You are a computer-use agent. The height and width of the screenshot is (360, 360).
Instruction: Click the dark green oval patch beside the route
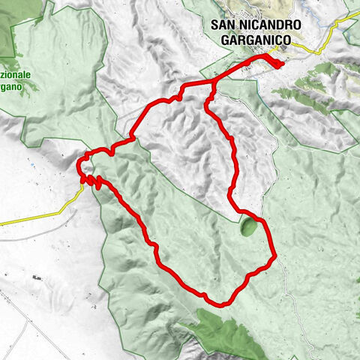(247, 226)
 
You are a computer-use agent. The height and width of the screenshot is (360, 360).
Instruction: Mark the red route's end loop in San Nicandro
(278, 64)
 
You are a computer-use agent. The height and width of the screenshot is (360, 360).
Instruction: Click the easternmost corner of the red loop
(275, 257)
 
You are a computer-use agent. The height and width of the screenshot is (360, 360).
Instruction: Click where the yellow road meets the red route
(82, 182)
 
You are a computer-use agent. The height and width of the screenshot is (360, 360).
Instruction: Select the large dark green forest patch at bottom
(225, 330)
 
